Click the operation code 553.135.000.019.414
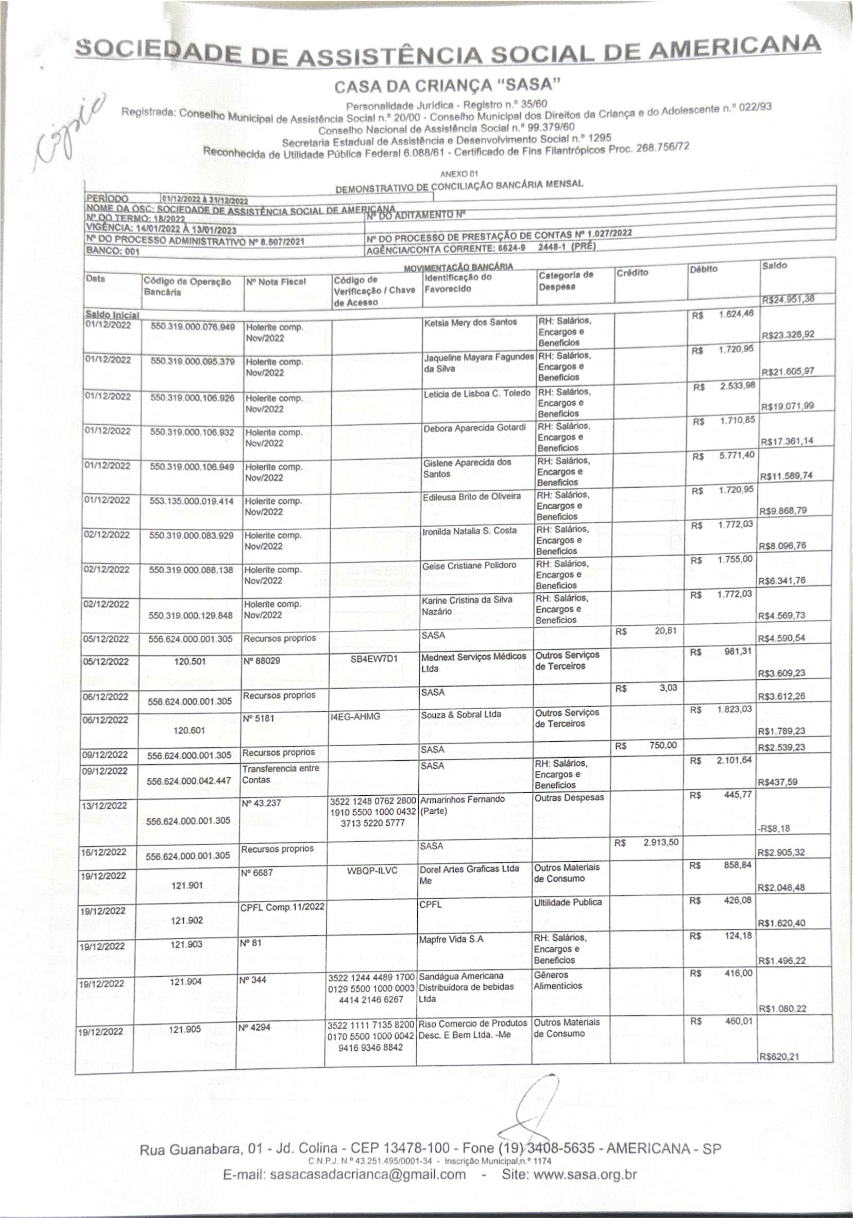click(x=191, y=501)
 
